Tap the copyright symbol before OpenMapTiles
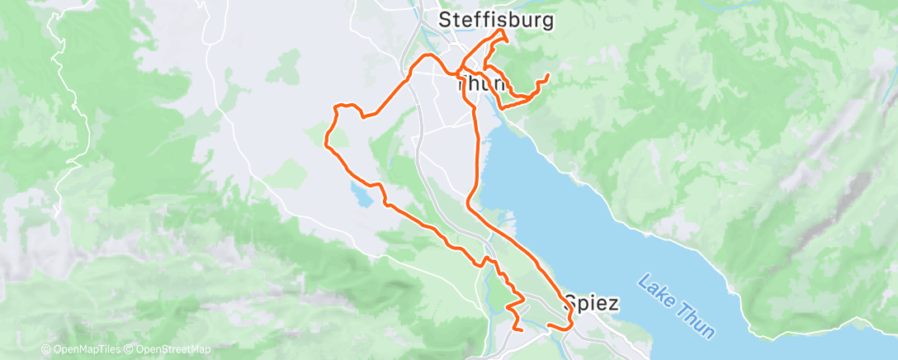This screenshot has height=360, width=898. [x=46, y=349]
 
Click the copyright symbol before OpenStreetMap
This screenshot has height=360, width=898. [x=131, y=349]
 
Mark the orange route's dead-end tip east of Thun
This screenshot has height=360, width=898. [x=548, y=76]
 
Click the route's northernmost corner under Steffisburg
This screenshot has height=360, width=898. [x=503, y=31]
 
